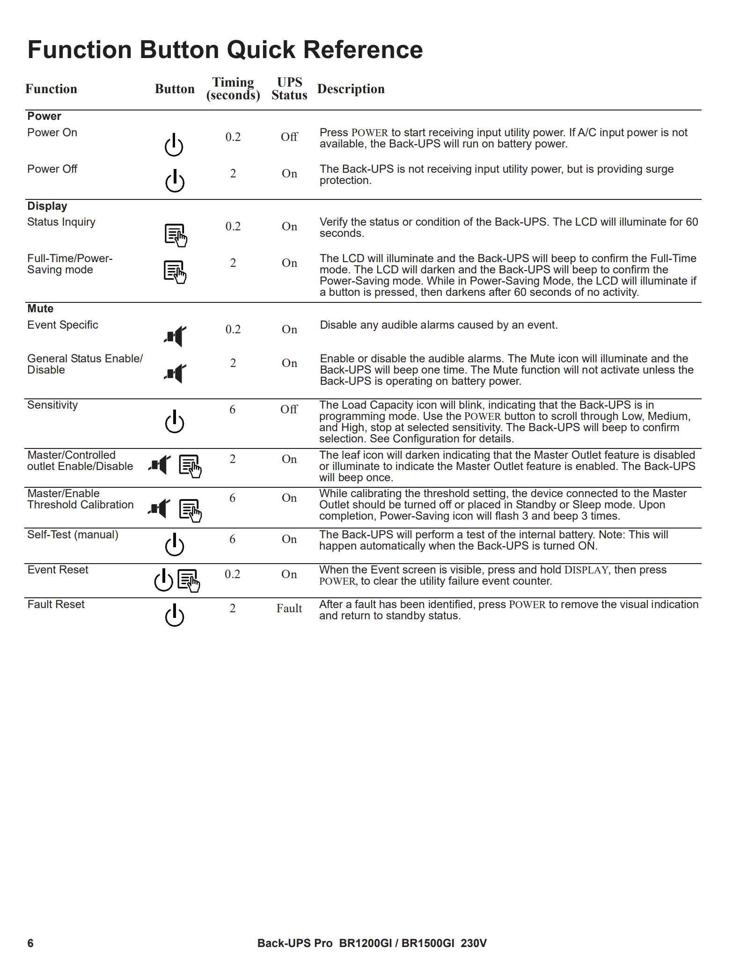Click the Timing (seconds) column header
click(x=233, y=88)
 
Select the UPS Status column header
click(x=289, y=88)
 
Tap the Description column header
click(x=351, y=89)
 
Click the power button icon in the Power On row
click(x=174, y=145)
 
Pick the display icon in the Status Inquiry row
click(x=176, y=235)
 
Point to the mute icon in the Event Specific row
click(x=176, y=336)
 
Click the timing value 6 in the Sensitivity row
click(x=233, y=410)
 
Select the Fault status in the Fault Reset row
click(x=289, y=609)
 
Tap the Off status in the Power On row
click(x=289, y=137)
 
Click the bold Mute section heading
click(x=40, y=308)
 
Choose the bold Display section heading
click(x=47, y=206)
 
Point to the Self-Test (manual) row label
click(x=73, y=535)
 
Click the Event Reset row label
click(x=58, y=570)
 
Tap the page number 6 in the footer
click(x=30, y=943)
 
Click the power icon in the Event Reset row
click(x=164, y=580)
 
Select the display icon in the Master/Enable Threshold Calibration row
click(x=190, y=510)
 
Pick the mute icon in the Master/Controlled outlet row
click(x=160, y=465)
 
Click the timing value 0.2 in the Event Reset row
click(x=233, y=574)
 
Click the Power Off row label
click(x=52, y=169)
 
